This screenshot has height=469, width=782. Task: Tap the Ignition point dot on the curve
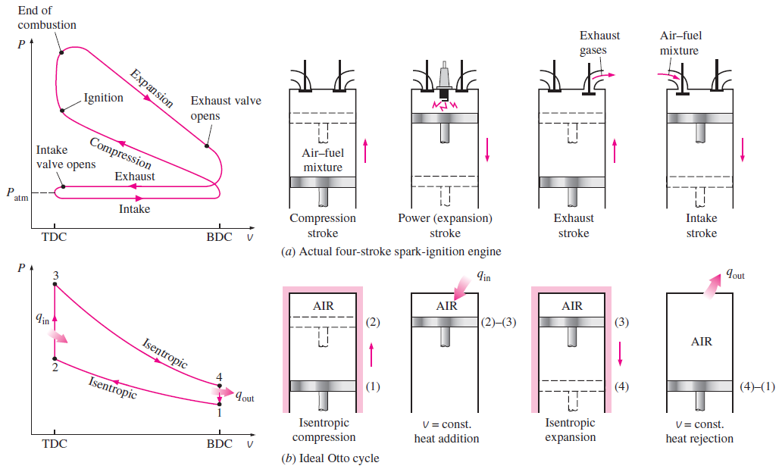coord(62,110)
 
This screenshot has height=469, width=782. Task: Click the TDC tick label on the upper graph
coord(54,236)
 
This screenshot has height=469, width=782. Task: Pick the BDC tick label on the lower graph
coord(219,443)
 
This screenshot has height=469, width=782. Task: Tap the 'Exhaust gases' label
coord(599,42)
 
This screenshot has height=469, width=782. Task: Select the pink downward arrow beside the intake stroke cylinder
coord(743,148)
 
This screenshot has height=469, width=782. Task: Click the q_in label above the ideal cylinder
coord(483,277)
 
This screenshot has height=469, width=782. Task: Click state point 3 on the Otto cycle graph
coord(55,285)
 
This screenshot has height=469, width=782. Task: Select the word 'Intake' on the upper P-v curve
coord(134,208)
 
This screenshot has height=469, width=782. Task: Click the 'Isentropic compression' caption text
coord(324,430)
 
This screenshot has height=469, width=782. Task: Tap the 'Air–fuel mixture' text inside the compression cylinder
coord(323,160)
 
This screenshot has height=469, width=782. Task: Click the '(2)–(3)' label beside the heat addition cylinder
coord(499,321)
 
